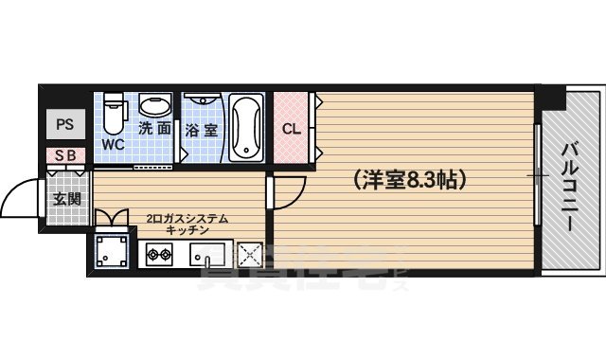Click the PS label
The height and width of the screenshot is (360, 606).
[x=64, y=124]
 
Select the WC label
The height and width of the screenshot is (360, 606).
[x=114, y=145]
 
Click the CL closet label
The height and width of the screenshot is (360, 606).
[x=292, y=129]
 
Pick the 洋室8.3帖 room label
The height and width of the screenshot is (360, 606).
[x=408, y=177]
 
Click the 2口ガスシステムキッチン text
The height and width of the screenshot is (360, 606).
[x=187, y=224]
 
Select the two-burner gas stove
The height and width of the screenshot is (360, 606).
[x=157, y=254]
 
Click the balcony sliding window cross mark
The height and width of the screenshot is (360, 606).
[x=538, y=177]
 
